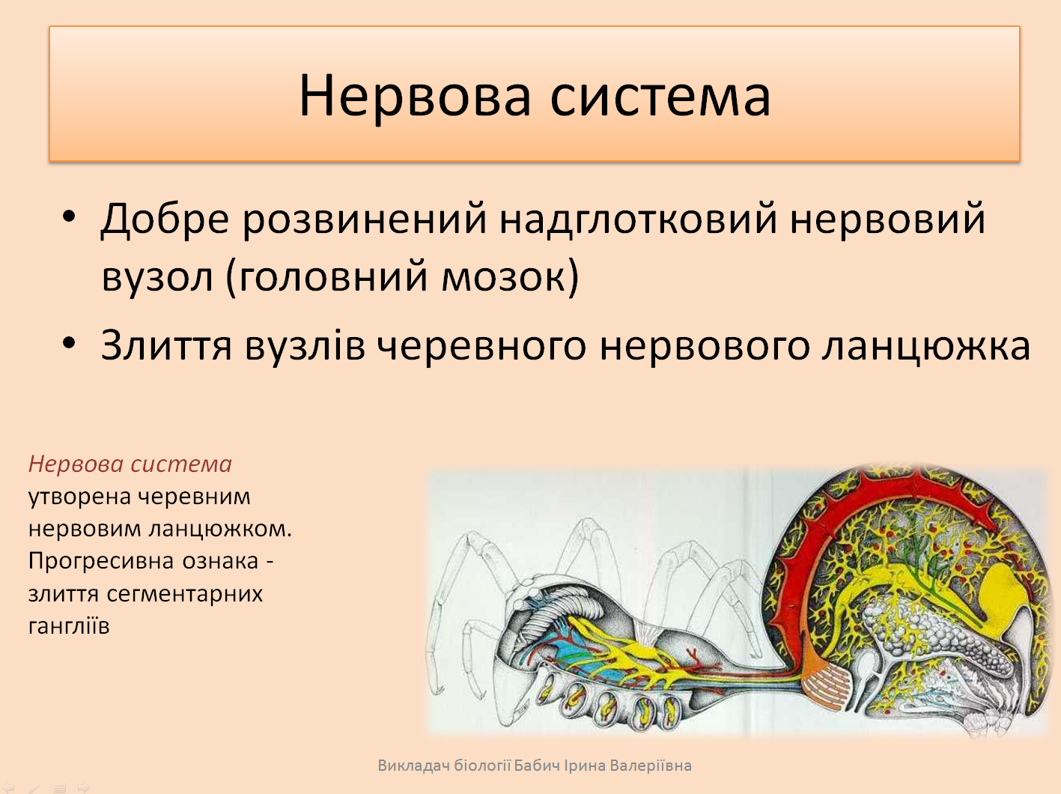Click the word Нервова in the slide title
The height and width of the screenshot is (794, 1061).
coord(416,95)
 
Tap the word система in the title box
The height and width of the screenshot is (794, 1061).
coord(660,95)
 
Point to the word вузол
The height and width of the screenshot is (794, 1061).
coord(157,277)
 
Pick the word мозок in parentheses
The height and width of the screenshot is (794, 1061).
coord(502,277)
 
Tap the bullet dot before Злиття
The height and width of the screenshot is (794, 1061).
coord(69,343)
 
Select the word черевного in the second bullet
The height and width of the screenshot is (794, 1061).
coord(481,347)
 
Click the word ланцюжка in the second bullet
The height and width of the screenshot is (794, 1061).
coord(926,347)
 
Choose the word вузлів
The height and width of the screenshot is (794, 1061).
coord(305,345)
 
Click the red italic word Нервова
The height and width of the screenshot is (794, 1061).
coord(77,464)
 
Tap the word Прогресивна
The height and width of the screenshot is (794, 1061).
coord(99,561)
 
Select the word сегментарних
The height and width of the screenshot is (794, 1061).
coord(185,594)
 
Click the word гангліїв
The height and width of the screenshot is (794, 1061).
coord(69,626)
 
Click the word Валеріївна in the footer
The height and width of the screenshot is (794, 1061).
coord(651,766)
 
